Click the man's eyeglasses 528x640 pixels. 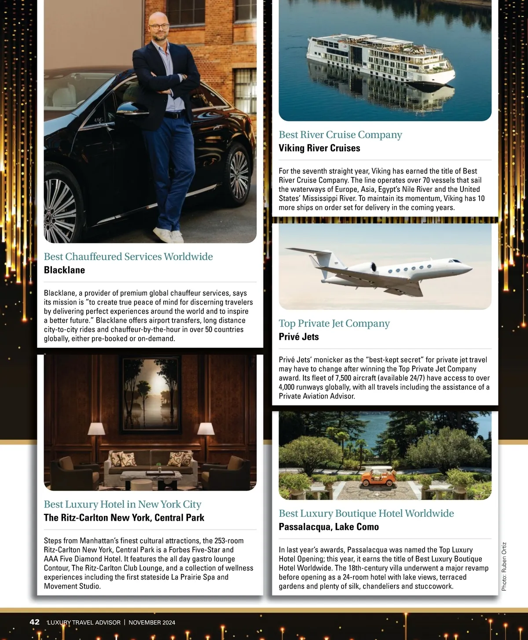click(x=158, y=26)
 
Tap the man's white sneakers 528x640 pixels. click(x=169, y=235)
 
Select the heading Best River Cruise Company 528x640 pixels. click(x=340, y=135)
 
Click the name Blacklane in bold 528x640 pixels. click(x=64, y=270)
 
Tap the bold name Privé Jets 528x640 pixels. click(x=299, y=337)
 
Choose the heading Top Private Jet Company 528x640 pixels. click(x=334, y=324)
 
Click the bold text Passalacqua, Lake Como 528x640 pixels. click(x=329, y=527)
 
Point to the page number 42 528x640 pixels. click(x=34, y=622)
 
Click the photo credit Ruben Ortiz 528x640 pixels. click(x=504, y=566)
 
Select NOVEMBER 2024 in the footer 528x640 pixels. click(x=152, y=622)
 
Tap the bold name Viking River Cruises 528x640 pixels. click(x=319, y=148)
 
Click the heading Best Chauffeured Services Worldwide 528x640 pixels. click(x=128, y=257)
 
